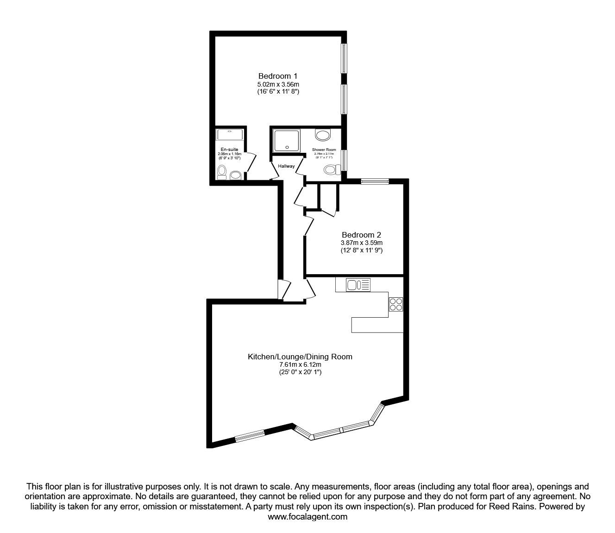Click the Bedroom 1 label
pyautogui.click(x=278, y=76)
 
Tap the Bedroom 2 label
pyautogui.click(x=361, y=235)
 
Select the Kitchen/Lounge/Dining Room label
pyautogui.click(x=300, y=357)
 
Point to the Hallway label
pyautogui.click(x=286, y=166)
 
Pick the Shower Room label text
pyautogui.click(x=324, y=150)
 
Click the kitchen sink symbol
pyautogui.click(x=358, y=285)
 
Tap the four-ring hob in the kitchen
pyautogui.click(x=396, y=304)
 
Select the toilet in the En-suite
pyautogui.click(x=222, y=172)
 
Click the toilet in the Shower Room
pyautogui.click(x=331, y=170)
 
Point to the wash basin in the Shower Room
pyautogui.click(x=323, y=135)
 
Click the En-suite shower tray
pyautogui.click(x=230, y=135)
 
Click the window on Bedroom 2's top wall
pyautogui.click(x=375, y=181)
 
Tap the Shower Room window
pyautogui.click(x=344, y=160)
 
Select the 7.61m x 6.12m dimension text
pyautogui.click(x=300, y=364)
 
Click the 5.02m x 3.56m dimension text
pyautogui.click(x=278, y=84)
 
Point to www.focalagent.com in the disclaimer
pyautogui.click(x=307, y=517)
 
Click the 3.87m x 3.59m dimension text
pyautogui.click(x=361, y=243)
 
